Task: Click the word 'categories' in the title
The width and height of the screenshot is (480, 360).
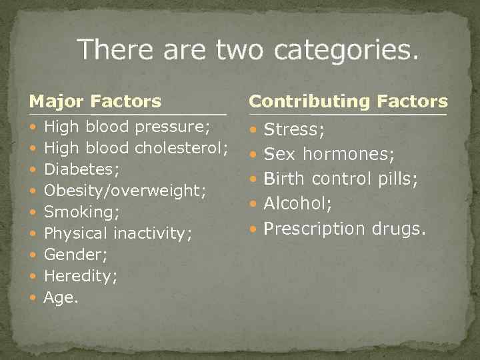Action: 347,51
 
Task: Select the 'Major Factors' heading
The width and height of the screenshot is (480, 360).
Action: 95,101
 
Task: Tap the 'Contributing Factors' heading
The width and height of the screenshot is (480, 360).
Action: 348,101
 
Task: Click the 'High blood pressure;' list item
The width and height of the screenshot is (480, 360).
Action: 127,127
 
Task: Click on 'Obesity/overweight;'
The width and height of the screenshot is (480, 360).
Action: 124,191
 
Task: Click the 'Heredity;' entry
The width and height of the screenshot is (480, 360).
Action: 80,276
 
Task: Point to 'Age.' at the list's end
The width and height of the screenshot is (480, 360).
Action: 61,297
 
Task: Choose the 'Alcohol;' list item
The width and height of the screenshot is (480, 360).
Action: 298,203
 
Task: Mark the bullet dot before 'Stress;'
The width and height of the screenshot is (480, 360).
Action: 253,131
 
